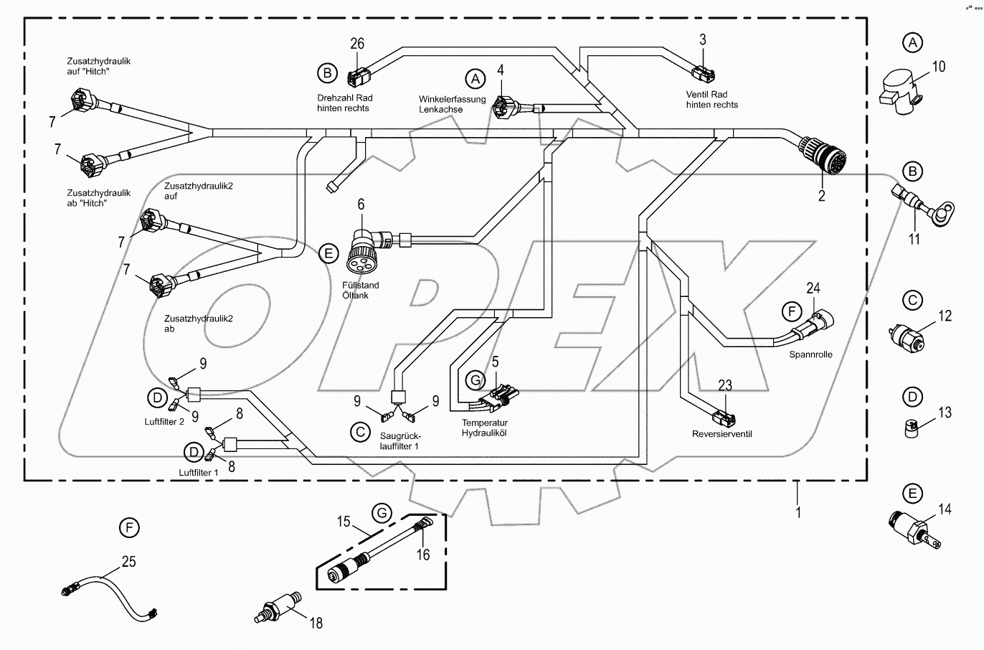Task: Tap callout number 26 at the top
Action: click(x=357, y=44)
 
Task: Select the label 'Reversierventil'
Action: click(x=722, y=434)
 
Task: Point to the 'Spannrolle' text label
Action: click(x=810, y=354)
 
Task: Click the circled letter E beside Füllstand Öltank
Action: click(x=328, y=253)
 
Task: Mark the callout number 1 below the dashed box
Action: click(x=798, y=512)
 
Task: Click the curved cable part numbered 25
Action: click(x=108, y=590)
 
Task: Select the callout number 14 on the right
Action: click(x=945, y=509)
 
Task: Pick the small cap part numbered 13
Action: click(x=910, y=428)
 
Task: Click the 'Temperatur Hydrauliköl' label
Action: click(x=484, y=428)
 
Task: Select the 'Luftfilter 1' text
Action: click(x=198, y=473)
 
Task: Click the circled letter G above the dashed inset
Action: click(x=382, y=513)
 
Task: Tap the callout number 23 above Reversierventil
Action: click(x=725, y=385)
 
